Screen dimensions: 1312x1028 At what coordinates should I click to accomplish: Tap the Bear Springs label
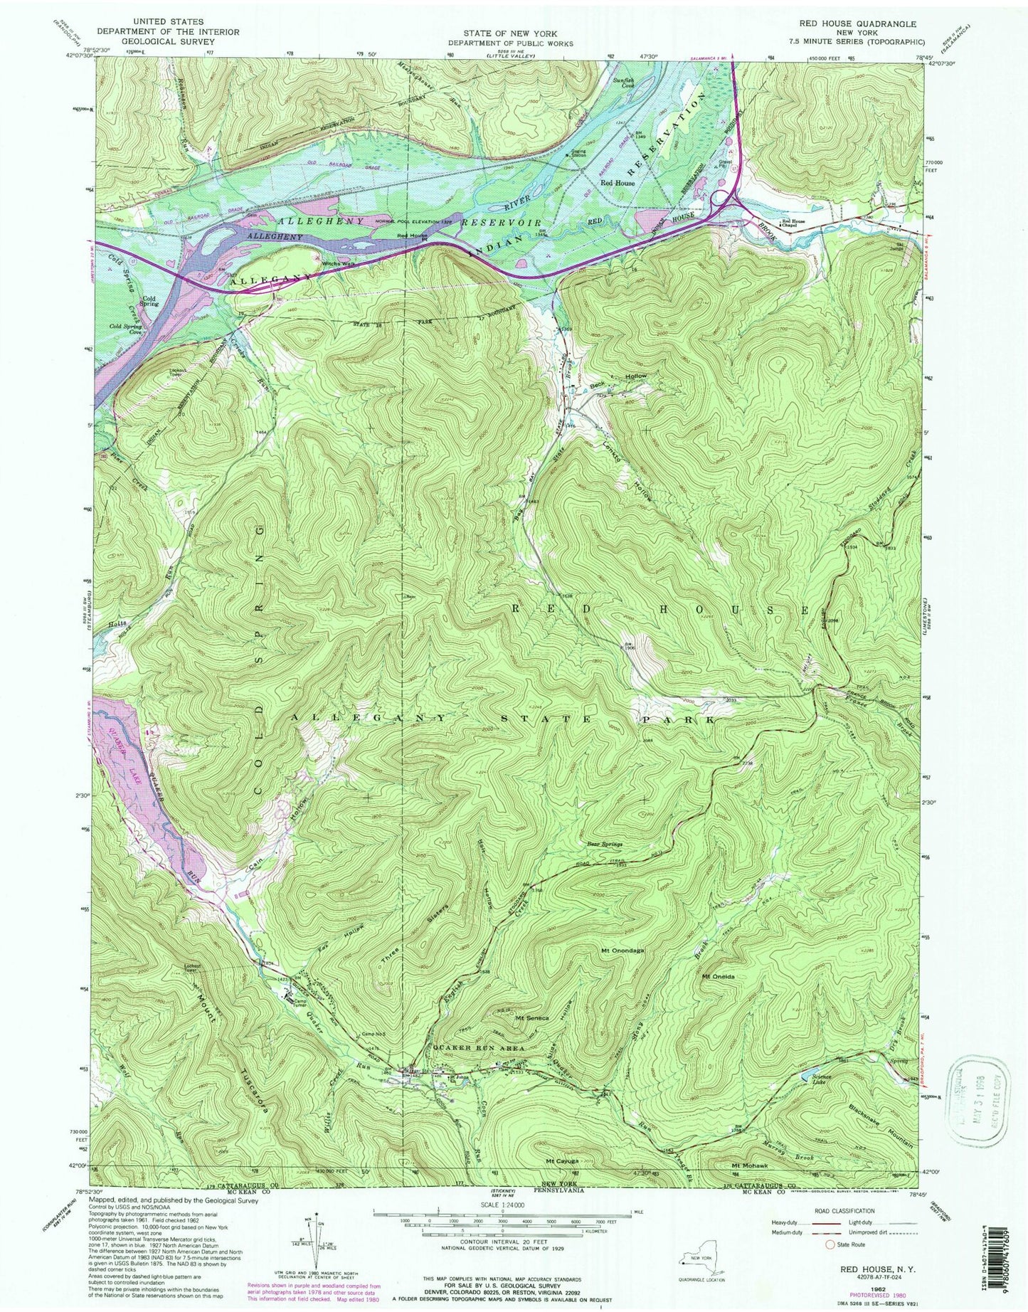point(605,844)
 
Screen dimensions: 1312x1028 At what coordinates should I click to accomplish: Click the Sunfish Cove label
point(625,84)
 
